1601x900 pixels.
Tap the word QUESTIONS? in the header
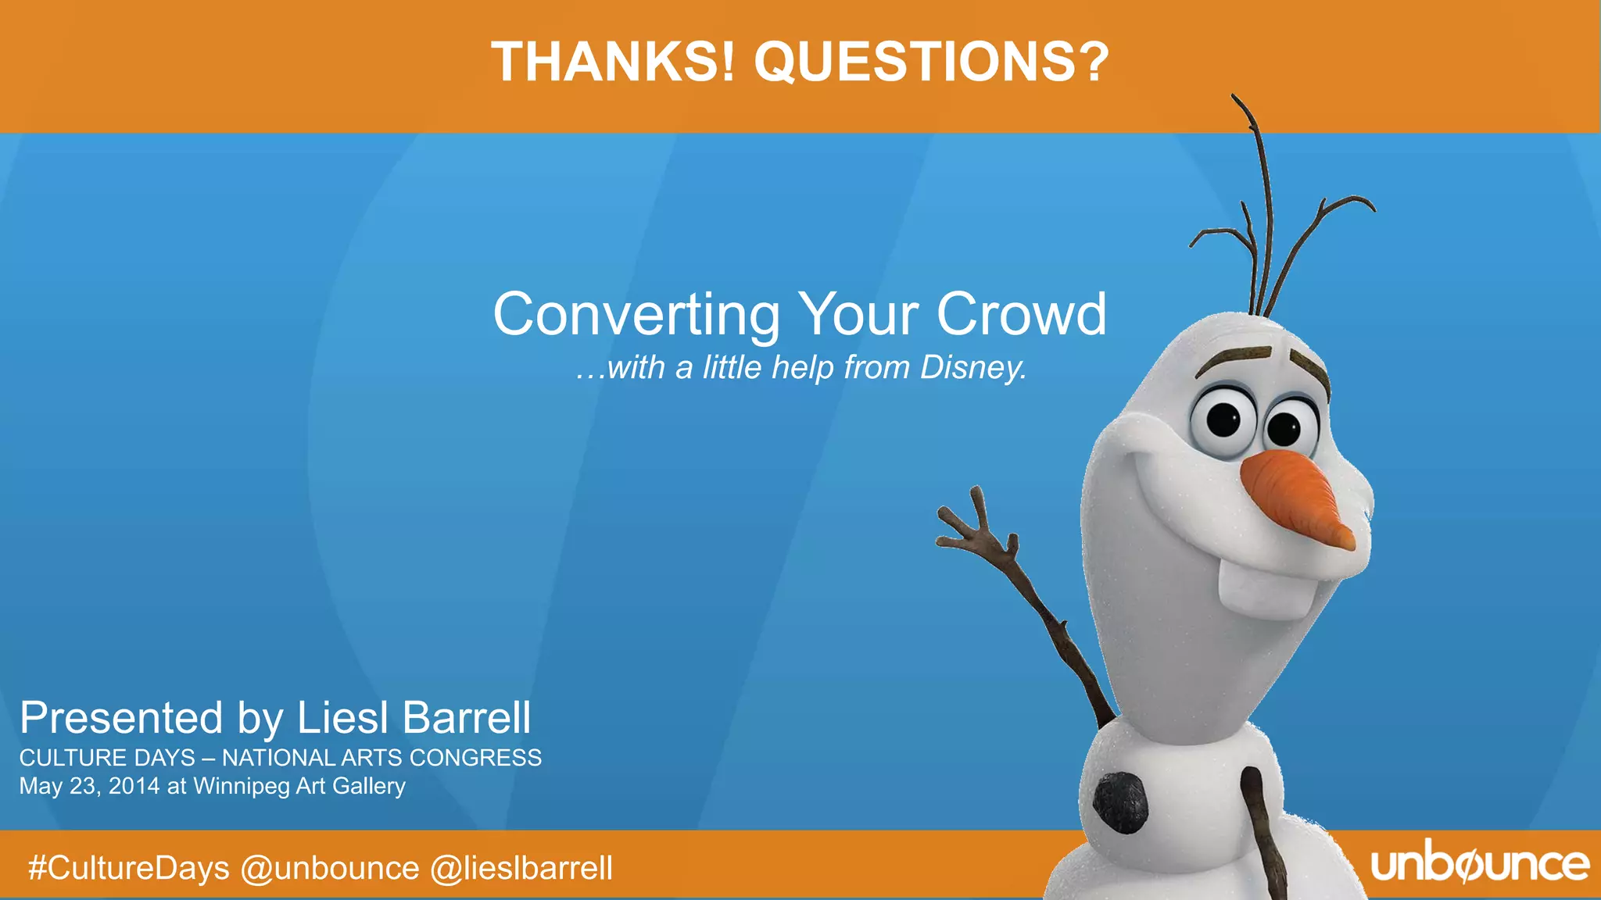pos(931,62)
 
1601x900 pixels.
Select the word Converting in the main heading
pos(636,315)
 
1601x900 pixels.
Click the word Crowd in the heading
pos(1021,315)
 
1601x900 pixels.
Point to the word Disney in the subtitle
pos(972,367)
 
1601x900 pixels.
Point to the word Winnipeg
pos(242,786)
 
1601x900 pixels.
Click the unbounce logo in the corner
pos(1480,865)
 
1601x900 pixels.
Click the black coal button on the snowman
pos(1120,803)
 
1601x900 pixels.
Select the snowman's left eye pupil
pos(1224,420)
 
